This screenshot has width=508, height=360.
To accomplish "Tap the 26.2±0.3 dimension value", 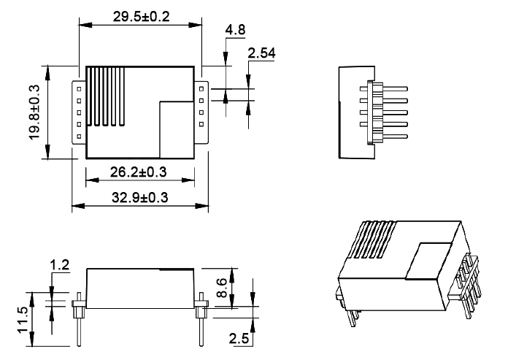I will [x=139, y=172].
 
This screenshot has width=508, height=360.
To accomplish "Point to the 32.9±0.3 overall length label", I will [x=139, y=199].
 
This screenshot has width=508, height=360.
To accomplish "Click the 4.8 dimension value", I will [x=236, y=31].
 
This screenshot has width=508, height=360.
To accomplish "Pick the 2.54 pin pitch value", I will [x=261, y=53].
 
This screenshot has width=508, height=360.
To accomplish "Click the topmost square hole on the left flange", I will [x=77, y=87].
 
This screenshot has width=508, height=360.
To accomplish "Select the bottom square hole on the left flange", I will [x=77, y=135].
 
